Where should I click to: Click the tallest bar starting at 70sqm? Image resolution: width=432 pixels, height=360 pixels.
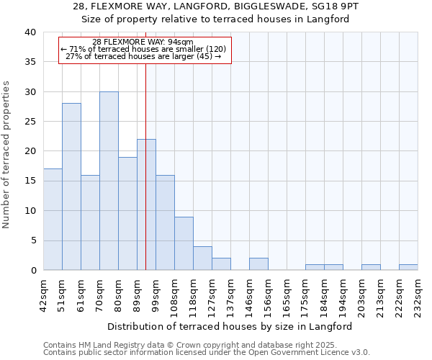tap(109, 181)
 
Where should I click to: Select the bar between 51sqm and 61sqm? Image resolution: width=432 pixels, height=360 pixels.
tap(71, 186)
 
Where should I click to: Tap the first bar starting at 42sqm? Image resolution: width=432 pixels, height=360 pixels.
tap(53, 220)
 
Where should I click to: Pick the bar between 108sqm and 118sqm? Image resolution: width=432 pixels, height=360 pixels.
tap(184, 243)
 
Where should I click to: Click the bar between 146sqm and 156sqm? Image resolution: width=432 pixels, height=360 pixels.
tap(258, 264)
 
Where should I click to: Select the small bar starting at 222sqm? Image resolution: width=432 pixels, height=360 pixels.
tap(408, 267)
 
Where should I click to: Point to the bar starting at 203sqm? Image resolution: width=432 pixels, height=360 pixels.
tap(371, 267)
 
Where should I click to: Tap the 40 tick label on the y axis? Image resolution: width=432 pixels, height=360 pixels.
tap(30, 32)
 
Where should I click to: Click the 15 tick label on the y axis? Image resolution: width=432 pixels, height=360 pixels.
tap(30, 181)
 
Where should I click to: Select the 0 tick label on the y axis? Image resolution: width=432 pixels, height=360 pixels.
tap(32, 271)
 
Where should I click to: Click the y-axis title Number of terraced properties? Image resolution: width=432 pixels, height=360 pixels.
tap(7, 155)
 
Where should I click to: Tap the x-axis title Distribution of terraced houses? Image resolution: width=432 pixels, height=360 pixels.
tap(231, 326)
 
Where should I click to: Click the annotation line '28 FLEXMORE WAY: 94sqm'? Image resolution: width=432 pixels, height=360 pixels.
tap(143, 42)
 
